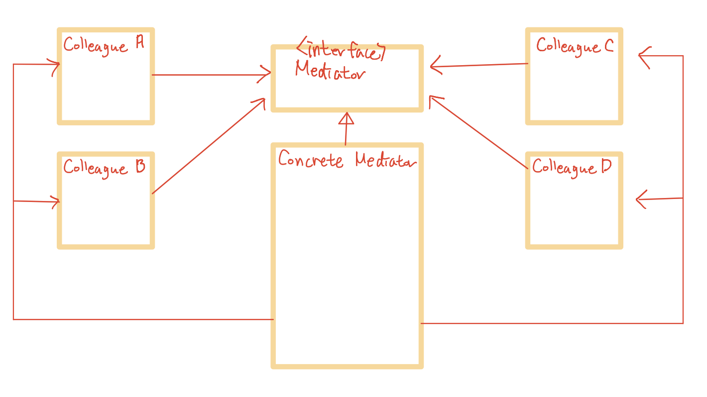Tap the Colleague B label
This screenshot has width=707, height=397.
click(104, 168)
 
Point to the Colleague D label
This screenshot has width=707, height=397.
click(572, 167)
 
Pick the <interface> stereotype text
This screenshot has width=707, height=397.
click(341, 49)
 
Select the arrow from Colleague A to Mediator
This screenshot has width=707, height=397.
click(209, 75)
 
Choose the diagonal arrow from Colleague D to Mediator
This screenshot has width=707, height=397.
click(478, 132)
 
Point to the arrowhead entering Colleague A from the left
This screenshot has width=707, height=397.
click(55, 65)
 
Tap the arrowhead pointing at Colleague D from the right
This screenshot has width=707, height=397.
click(641, 199)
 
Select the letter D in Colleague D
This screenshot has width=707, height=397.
click(606, 166)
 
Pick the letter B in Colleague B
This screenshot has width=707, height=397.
click(139, 167)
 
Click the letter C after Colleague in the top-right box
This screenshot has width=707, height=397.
click(609, 46)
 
